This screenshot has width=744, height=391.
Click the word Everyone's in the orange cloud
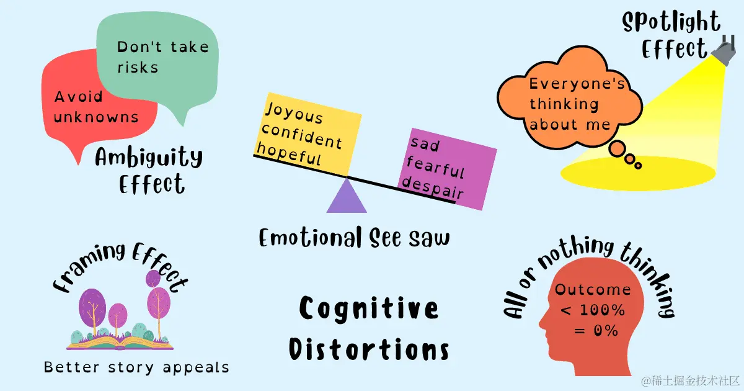(x=577, y=84)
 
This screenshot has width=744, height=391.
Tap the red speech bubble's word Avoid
(x=79, y=97)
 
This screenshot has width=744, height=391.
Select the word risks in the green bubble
(x=138, y=67)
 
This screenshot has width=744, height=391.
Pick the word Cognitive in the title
(x=370, y=308)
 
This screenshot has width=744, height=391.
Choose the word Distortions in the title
(x=370, y=349)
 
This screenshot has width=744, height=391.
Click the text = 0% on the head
(x=596, y=331)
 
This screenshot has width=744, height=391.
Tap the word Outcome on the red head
(x=593, y=290)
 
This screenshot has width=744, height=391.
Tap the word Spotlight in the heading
(x=671, y=24)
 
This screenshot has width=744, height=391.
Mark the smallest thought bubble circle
(x=638, y=166)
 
